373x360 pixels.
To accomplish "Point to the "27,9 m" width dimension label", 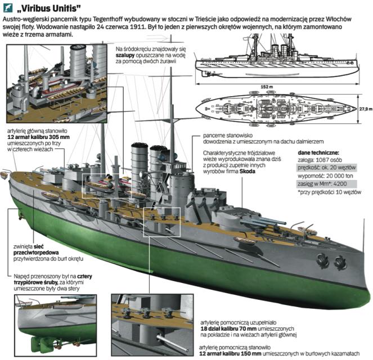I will [x=365, y=109].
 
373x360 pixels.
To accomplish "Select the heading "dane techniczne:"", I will [x=318, y=152].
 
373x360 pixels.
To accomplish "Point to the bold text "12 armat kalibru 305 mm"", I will [x=38, y=137].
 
